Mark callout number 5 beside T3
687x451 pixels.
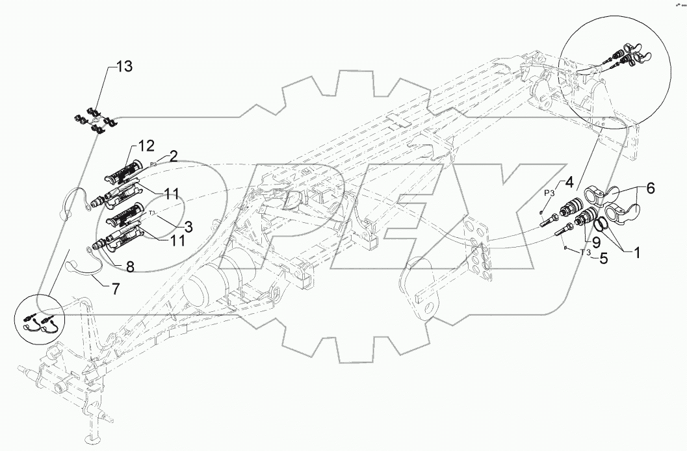[603, 257]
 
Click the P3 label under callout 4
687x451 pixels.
[549, 193]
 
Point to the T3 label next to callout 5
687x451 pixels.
[585, 252]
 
